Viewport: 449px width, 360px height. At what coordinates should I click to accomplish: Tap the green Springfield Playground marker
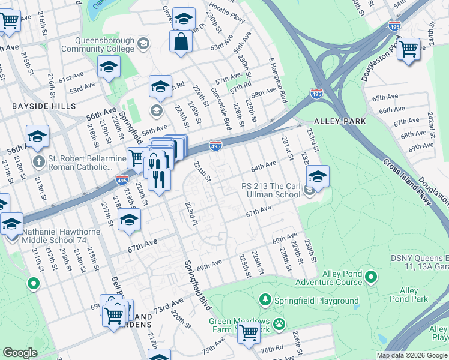pos(265,299)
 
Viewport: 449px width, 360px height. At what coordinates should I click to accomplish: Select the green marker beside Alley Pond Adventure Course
pos(372,277)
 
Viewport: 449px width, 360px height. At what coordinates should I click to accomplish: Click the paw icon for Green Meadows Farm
pos(279,325)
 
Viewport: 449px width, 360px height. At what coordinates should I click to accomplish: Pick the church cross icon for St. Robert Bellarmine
pos(39,161)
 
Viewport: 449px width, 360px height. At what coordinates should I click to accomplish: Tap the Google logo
pos(20,353)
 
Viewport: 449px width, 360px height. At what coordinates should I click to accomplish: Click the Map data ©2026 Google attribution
pos(412,355)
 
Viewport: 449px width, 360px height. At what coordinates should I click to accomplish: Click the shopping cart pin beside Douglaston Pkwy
pos(409,49)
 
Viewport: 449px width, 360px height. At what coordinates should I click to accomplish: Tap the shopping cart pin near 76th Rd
pos(249,332)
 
